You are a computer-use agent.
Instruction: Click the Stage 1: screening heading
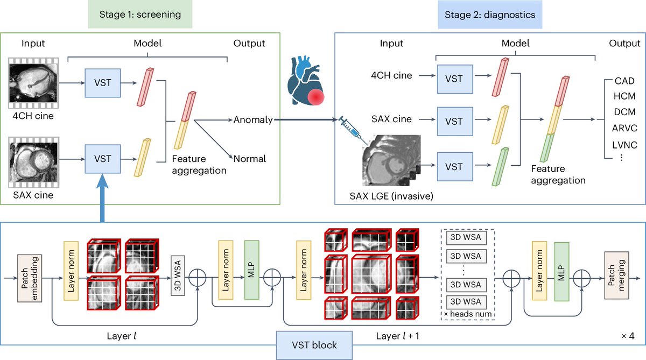coord(140,15)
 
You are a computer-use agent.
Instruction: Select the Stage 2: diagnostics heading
coord(490,15)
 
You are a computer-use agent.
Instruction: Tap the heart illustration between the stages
coord(306,81)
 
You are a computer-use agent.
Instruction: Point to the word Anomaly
coord(253,119)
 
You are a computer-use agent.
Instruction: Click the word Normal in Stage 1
coord(249,159)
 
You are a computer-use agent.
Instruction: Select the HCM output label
coord(624,96)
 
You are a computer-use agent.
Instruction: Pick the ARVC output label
coord(624,128)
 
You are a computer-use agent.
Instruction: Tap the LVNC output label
coord(624,145)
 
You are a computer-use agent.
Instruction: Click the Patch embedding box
coord(30,278)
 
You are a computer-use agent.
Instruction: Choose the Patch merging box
coord(616,276)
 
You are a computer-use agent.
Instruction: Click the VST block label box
coord(314,345)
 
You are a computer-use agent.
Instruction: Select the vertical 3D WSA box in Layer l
coord(178,276)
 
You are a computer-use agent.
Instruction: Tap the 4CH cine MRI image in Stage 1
coord(34,83)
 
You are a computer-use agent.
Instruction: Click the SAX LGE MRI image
coord(391,160)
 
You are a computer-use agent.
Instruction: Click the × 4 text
coord(628,336)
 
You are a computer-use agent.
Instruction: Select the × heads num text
coord(467,314)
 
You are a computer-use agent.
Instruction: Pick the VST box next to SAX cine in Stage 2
coord(455,121)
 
